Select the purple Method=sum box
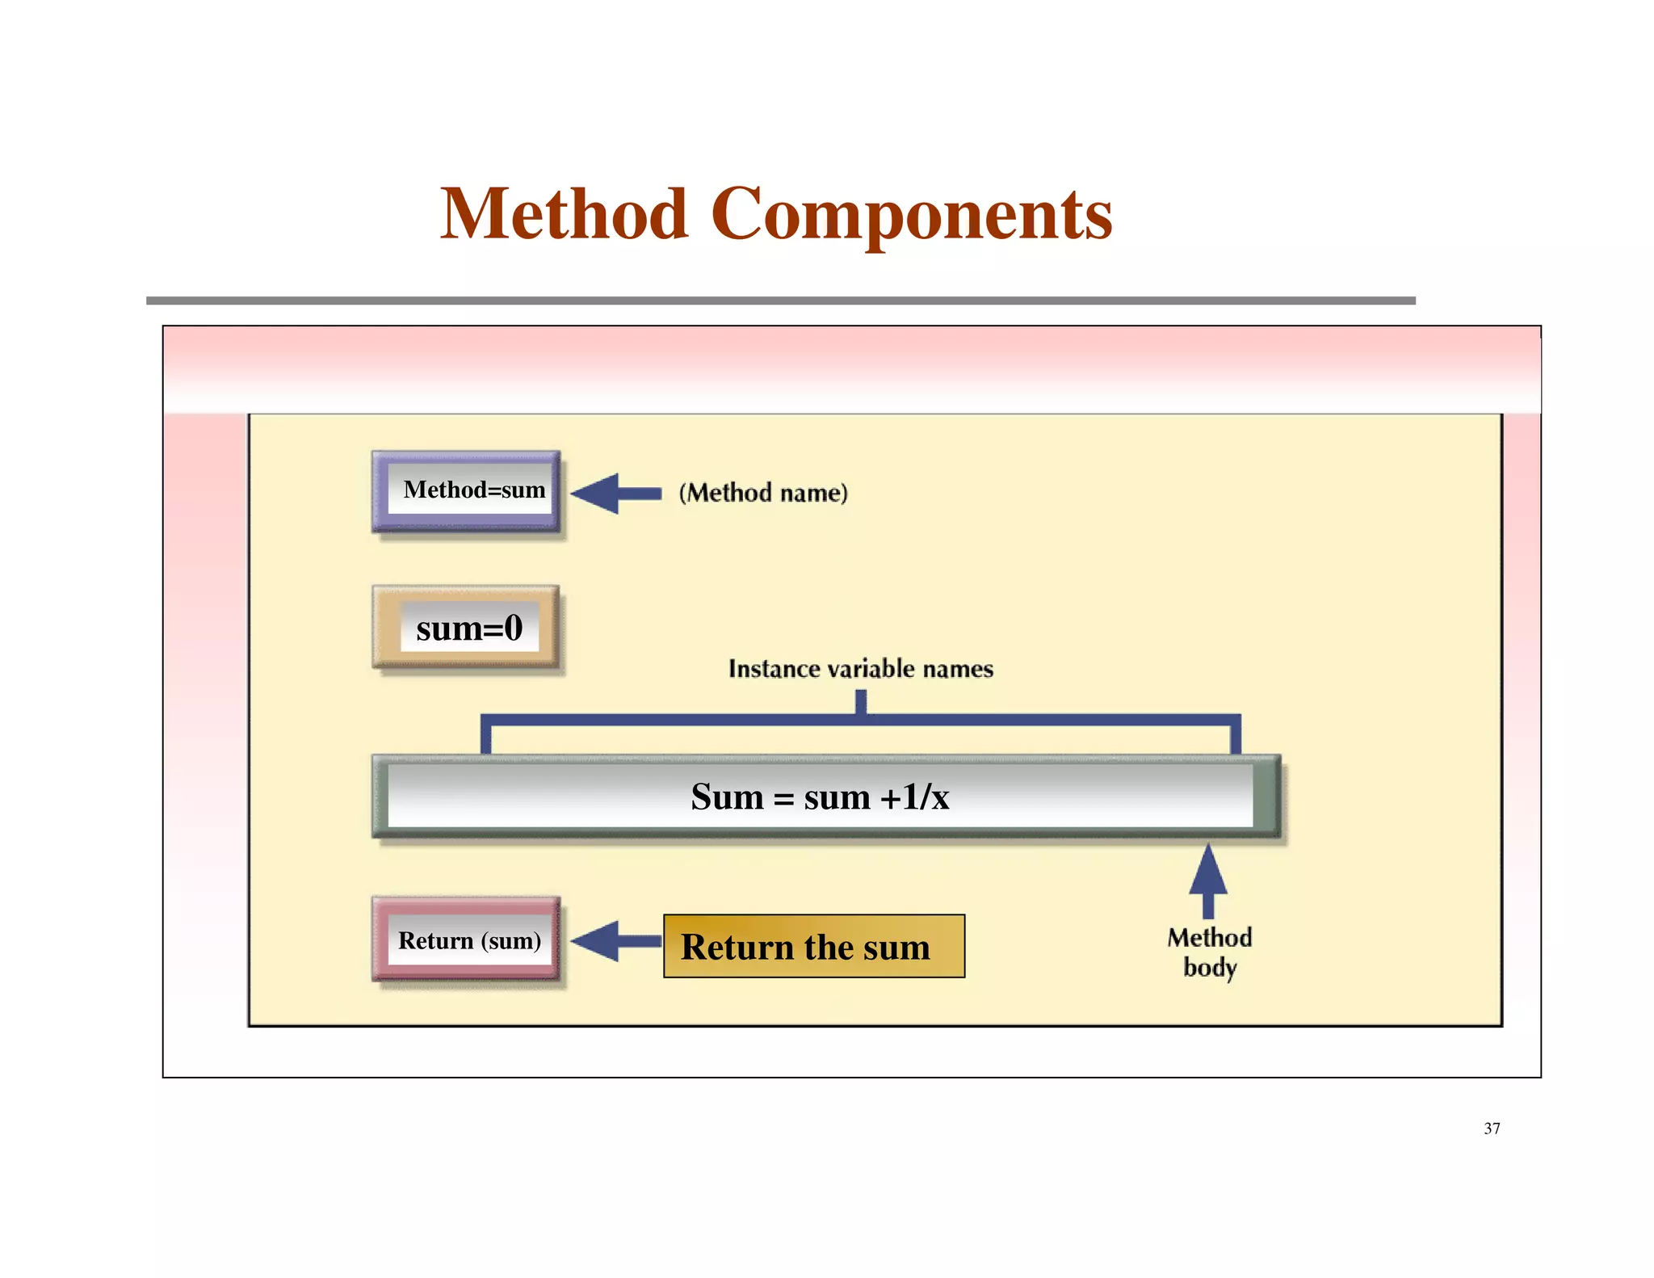(x=467, y=491)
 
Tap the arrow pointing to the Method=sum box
(x=615, y=494)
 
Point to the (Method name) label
(x=763, y=493)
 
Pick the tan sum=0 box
(x=467, y=628)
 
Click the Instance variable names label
(x=860, y=669)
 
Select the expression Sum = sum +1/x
(x=820, y=797)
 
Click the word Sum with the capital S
(x=726, y=797)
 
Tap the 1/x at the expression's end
(x=926, y=797)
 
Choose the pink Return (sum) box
(x=467, y=940)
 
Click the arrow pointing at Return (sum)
(x=615, y=941)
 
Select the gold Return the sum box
(x=813, y=946)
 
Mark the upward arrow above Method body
(x=1208, y=881)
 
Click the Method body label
(x=1209, y=952)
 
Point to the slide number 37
(x=1491, y=1129)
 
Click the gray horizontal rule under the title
(x=780, y=301)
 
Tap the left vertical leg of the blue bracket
(x=486, y=735)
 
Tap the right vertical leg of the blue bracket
(x=1235, y=735)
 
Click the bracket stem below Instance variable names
(x=861, y=701)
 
